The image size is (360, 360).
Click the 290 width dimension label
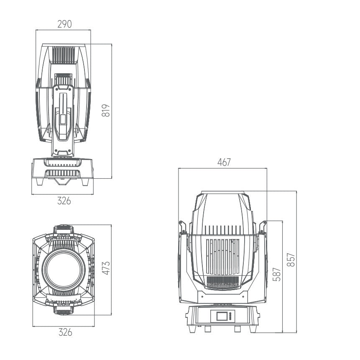64,24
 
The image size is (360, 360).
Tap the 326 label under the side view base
64,201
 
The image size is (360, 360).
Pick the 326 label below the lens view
65,333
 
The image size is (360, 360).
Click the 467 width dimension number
224,163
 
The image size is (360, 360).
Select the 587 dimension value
276,275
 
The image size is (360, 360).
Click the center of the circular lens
64,270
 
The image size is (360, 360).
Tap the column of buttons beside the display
230,316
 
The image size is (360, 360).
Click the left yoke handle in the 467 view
182,226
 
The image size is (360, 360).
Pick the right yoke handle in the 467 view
263,226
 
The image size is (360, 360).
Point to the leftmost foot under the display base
193,329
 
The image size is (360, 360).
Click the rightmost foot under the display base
252,329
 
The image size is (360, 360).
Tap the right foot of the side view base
85,182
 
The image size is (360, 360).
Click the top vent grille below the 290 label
64,54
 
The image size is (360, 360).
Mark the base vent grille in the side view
63,173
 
